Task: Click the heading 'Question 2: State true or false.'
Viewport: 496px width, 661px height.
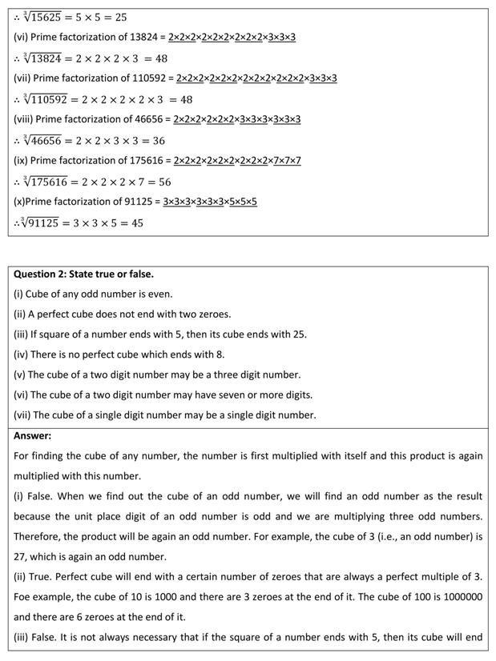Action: [x=83, y=274]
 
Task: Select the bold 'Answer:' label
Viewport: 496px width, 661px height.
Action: [x=32, y=436]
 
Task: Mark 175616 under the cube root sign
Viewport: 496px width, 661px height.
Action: [x=46, y=182]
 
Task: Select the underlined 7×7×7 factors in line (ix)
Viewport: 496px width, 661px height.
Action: [x=284, y=161]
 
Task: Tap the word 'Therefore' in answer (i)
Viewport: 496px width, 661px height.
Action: [x=37, y=537]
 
